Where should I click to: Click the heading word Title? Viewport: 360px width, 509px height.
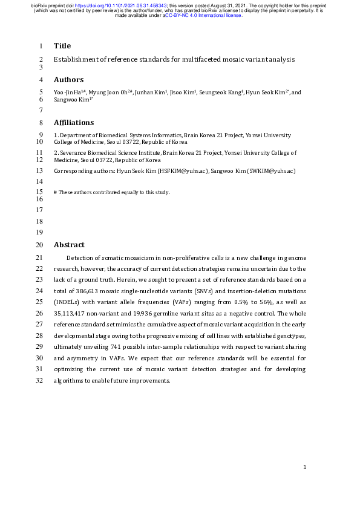click(62, 46)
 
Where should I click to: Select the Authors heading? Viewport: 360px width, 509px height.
click(68, 79)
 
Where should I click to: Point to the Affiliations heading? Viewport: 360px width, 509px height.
click(74, 122)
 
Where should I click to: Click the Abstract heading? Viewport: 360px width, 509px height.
click(69, 245)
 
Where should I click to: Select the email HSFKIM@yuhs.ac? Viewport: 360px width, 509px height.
click(180, 171)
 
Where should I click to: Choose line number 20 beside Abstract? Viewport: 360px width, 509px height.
click(41, 245)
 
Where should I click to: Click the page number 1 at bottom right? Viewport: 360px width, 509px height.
click(305, 467)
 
